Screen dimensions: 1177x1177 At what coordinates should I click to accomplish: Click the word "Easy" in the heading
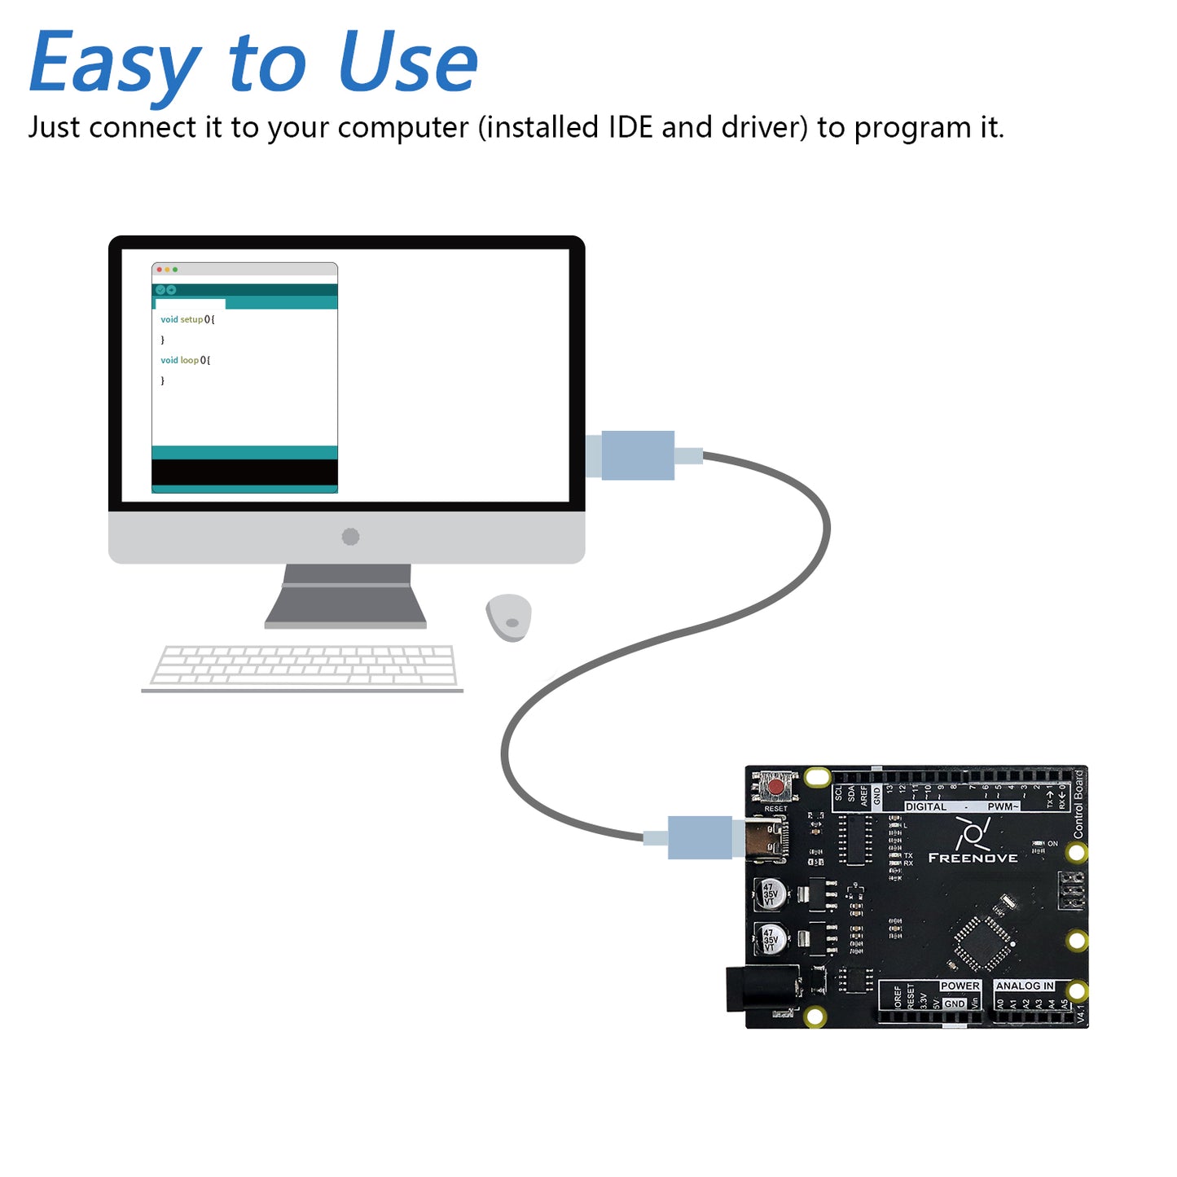(x=114, y=64)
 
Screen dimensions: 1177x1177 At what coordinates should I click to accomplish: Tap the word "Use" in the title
(x=407, y=62)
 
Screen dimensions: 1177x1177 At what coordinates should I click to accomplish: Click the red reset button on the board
(x=776, y=788)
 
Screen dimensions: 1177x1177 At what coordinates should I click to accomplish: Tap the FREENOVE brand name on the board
(x=973, y=858)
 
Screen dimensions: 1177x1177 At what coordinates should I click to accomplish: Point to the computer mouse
(x=509, y=617)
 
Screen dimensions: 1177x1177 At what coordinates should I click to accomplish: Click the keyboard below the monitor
(x=303, y=666)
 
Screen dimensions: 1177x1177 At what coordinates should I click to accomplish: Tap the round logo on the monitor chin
(x=350, y=537)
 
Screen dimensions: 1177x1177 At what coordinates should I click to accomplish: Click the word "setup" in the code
(x=191, y=319)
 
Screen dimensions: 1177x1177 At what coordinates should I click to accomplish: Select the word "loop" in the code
(x=189, y=360)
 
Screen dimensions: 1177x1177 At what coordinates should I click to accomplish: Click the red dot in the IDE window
(x=160, y=270)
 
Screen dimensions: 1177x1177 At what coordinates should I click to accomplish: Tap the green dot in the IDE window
(x=175, y=270)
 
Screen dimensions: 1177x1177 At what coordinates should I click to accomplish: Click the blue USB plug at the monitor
(x=637, y=455)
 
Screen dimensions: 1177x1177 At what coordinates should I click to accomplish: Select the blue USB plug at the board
(x=699, y=837)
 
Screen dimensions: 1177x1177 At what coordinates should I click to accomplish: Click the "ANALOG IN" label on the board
(x=1024, y=986)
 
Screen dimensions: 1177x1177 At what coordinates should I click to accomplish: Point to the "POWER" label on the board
(x=960, y=986)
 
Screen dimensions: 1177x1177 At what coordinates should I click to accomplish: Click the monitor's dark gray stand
(x=345, y=597)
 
